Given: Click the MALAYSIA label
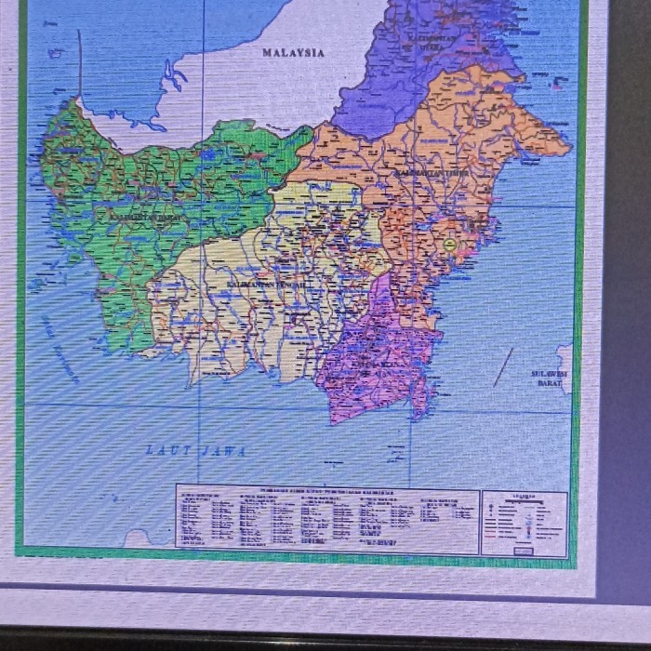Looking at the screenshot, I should (x=293, y=53).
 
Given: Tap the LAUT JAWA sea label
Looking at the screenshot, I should (x=196, y=450).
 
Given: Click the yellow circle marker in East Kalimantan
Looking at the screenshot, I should (x=451, y=246).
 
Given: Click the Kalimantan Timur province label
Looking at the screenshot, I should (x=432, y=174).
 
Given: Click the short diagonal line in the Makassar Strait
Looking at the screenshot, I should (x=503, y=366).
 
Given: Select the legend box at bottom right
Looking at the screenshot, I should (x=525, y=524).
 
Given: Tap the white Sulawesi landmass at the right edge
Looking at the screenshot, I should (x=565, y=358).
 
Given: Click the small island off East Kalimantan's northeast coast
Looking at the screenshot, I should (x=558, y=86).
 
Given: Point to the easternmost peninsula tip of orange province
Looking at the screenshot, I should (x=566, y=149).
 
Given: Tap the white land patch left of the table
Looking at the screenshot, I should (x=139, y=538).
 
